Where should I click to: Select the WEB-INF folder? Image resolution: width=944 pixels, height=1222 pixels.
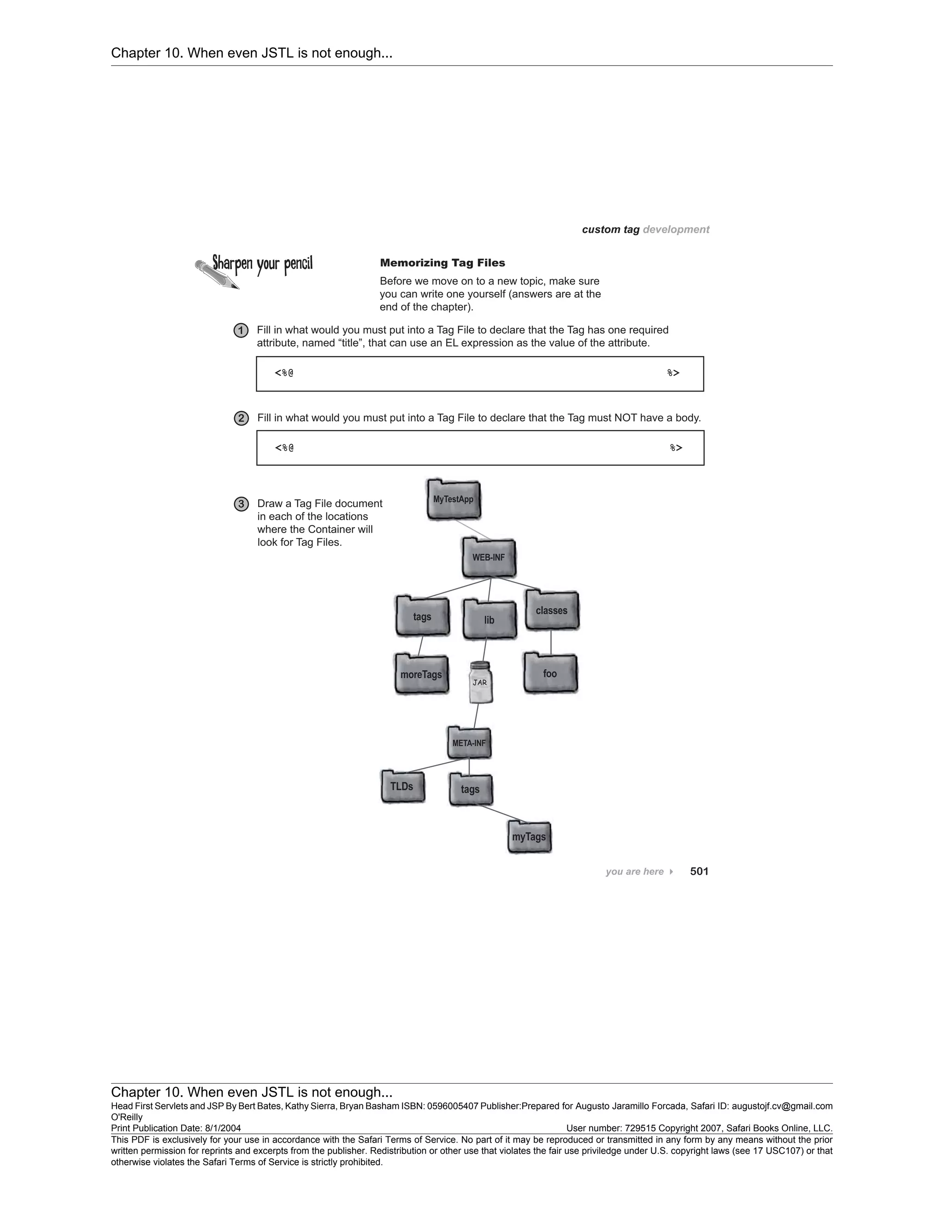[489, 558]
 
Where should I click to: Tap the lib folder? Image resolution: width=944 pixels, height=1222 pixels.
[490, 619]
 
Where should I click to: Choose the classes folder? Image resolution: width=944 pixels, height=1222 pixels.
[552, 611]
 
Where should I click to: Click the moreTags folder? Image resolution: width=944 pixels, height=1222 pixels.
[422, 674]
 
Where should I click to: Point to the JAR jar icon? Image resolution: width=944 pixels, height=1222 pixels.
[480, 682]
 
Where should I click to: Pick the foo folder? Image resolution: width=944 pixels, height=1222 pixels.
[550, 673]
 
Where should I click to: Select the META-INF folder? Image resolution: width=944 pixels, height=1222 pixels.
[469, 743]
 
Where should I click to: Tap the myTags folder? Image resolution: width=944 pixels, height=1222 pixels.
[529, 837]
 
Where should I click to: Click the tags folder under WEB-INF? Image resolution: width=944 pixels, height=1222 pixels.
[422, 616]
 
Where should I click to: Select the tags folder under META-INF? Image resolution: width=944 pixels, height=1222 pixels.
[470, 789]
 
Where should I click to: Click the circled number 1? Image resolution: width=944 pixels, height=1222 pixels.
[241, 331]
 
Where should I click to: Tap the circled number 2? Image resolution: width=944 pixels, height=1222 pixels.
[241, 419]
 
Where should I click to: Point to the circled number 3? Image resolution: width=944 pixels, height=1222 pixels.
[241, 504]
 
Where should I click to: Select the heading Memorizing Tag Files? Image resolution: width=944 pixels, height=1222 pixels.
[442, 263]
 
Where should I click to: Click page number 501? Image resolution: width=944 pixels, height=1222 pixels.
[699, 871]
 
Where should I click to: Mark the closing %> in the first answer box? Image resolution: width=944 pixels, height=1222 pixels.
[673, 373]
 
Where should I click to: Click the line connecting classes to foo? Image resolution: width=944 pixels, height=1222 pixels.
[551, 642]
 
